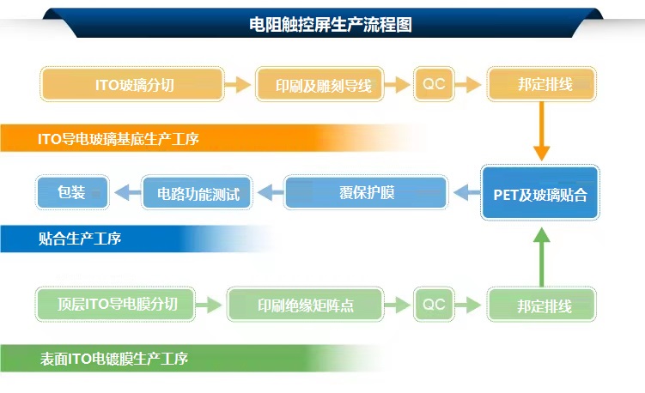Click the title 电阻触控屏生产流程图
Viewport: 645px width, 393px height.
coord(330,25)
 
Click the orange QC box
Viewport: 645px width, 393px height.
coord(434,84)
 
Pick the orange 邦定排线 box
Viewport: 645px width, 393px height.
coord(542,85)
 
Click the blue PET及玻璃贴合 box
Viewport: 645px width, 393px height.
coord(540,194)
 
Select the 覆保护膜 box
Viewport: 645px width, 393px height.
coord(366,192)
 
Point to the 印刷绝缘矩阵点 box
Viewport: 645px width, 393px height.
coord(306,305)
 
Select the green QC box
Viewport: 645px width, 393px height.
coord(434,304)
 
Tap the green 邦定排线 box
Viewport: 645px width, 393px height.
coord(542,305)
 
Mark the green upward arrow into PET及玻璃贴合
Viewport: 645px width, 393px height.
coord(541,257)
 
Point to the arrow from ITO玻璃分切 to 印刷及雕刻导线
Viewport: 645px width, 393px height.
coord(238,85)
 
